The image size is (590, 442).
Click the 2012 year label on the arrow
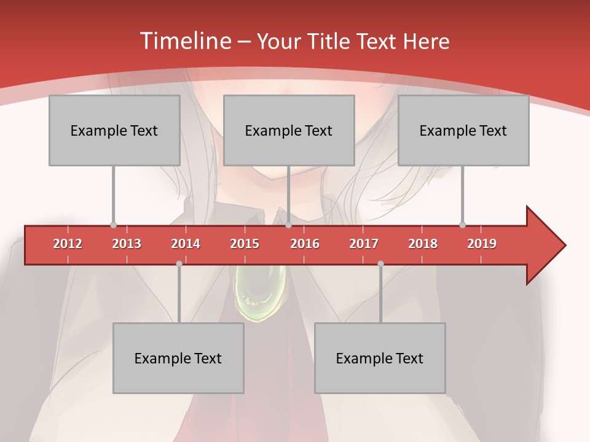(68, 244)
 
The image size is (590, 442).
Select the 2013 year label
(127, 244)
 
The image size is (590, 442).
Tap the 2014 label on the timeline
(186, 244)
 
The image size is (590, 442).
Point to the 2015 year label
(245, 244)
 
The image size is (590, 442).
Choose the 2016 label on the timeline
(305, 244)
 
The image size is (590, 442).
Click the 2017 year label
(364, 244)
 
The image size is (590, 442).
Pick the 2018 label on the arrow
(423, 244)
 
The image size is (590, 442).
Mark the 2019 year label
(482, 244)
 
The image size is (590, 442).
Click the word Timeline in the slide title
(184, 41)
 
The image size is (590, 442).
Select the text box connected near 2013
(114, 130)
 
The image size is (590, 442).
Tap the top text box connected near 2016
(289, 130)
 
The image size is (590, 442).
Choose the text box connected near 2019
(463, 130)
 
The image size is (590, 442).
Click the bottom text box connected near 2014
(178, 358)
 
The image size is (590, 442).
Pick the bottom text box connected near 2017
(380, 358)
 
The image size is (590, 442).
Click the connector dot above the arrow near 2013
(113, 225)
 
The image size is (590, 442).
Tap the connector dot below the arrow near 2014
(179, 263)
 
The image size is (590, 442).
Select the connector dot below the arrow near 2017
(380, 263)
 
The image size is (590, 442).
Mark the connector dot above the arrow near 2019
(462, 225)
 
